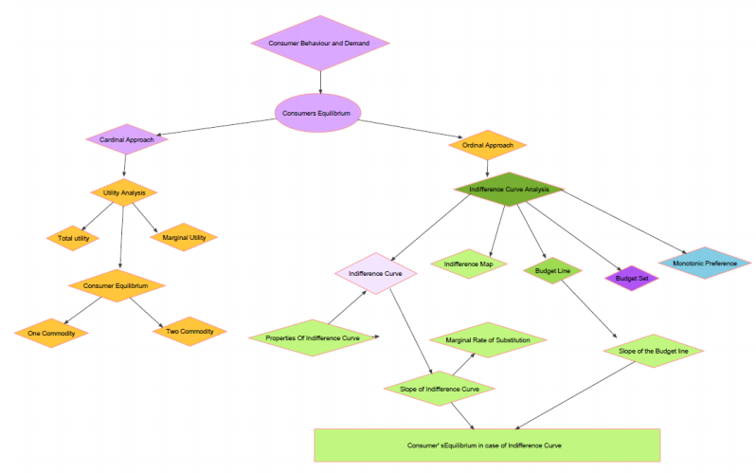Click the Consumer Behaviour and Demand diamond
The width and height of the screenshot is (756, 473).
321,44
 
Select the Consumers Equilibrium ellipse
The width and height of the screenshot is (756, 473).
317,113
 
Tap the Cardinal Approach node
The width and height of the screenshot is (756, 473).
126,140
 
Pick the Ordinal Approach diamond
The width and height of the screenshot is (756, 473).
487,145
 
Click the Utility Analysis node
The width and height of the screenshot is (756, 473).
124,192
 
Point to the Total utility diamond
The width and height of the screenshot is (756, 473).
73,238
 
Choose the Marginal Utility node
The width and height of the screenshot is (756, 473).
184,238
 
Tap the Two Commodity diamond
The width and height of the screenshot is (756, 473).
190,331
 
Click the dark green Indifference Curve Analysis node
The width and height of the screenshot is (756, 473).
509,189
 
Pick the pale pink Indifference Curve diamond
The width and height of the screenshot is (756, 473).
376,273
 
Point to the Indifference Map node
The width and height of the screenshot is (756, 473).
469,264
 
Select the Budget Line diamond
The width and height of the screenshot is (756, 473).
552,270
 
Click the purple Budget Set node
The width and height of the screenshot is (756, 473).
632,279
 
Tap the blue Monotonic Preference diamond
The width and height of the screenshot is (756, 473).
705,263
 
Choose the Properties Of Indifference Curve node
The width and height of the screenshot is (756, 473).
312,337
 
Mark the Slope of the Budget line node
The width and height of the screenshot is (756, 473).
659,351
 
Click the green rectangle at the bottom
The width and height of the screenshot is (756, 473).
487,445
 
